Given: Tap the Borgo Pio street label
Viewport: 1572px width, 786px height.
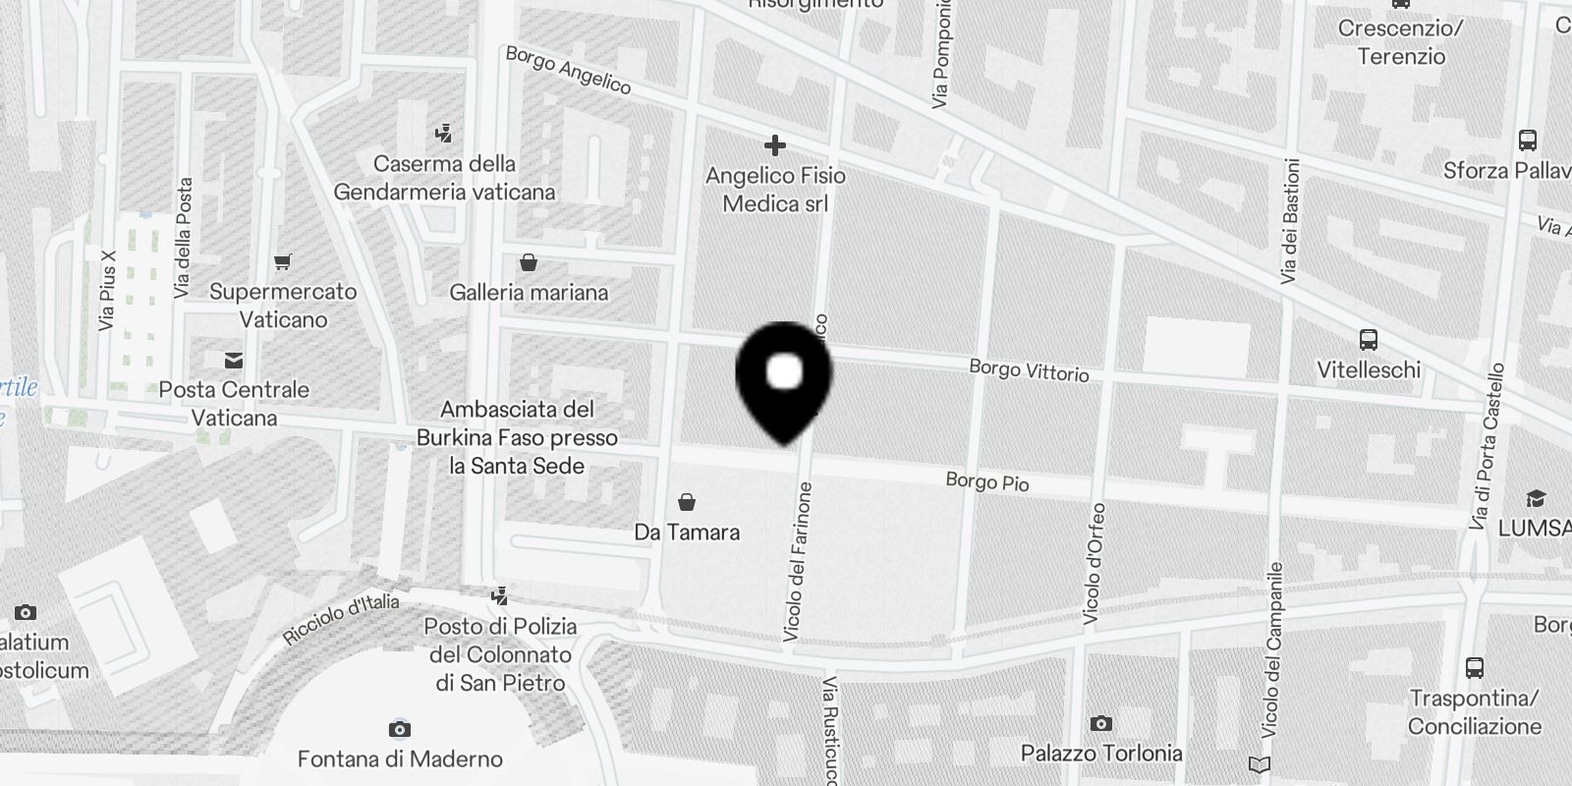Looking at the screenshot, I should coord(987,481).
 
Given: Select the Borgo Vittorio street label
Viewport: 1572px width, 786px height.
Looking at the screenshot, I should coord(1029,370).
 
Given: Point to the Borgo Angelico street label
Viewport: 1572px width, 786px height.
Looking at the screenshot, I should coord(568,70).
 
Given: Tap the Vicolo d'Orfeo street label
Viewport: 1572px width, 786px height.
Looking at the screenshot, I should coord(1094,564).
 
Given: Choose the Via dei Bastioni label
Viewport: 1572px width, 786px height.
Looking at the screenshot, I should coord(1291,221).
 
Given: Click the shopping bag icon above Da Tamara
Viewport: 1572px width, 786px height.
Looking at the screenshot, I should coord(687,503).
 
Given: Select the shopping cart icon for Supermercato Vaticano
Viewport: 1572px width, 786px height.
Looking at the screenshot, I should coord(283,262).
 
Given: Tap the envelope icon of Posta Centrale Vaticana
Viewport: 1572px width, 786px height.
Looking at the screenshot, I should coord(234,361).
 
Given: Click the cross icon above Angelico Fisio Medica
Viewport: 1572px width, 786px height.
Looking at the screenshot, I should coord(775,146).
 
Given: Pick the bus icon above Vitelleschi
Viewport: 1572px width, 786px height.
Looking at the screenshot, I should coord(1368,341).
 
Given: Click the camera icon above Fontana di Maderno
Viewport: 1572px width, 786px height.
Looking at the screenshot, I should coord(399,729).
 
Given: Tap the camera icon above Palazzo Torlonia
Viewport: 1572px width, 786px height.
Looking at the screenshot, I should coord(1100,724).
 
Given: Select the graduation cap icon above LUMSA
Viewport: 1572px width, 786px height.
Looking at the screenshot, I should coord(1535,499).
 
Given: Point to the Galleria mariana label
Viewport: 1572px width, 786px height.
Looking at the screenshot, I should coord(529,292).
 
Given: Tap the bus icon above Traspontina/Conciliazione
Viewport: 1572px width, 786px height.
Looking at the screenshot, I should coord(1474,668).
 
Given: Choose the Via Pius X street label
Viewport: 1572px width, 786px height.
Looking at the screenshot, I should coord(108,290).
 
